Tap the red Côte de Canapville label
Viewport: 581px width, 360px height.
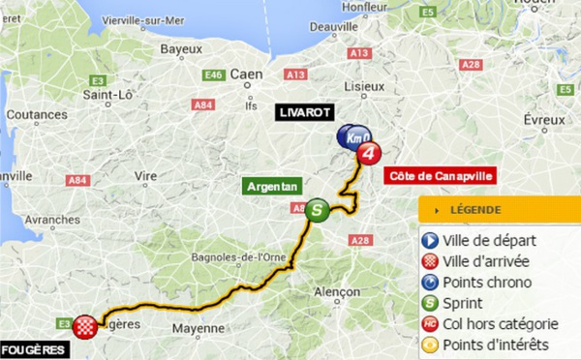click(440, 176)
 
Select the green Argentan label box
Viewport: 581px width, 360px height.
click(272, 186)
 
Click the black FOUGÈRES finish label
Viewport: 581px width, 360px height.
click(34, 349)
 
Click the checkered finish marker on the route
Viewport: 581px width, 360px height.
click(88, 325)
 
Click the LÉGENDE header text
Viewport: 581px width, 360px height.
click(474, 210)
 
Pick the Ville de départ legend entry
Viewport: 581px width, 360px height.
click(490, 240)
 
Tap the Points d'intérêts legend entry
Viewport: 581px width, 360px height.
click(496, 345)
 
